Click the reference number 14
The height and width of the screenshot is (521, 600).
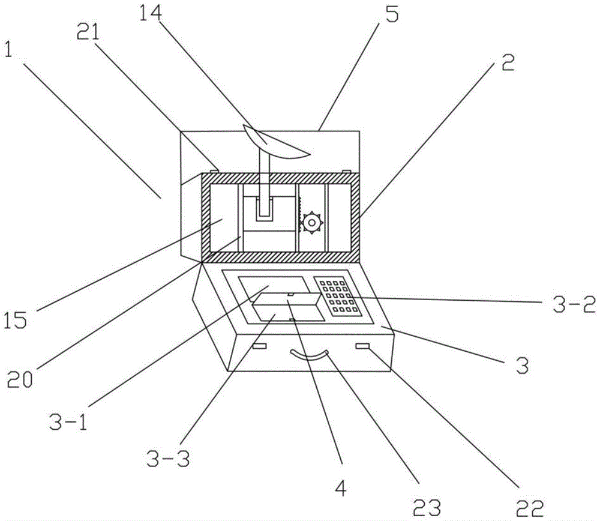tap(151, 13)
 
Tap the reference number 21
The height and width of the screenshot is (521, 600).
tap(88, 32)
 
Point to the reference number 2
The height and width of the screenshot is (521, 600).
tap(508, 62)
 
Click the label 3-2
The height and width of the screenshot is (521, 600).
tap(574, 304)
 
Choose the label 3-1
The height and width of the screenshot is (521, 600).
tap(68, 422)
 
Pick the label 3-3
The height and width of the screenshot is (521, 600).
tap(168, 458)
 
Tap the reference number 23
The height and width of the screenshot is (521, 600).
tap(427, 508)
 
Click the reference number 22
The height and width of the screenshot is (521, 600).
tap(530, 508)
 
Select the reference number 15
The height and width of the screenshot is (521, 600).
tap(16, 320)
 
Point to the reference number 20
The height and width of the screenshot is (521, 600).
tap(20, 379)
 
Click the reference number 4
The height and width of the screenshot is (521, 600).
tap(341, 488)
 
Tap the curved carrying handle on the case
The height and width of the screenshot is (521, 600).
tap(310, 356)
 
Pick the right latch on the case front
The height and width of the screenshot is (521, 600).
tap(363, 346)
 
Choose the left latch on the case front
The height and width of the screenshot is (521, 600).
tap(259, 346)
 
